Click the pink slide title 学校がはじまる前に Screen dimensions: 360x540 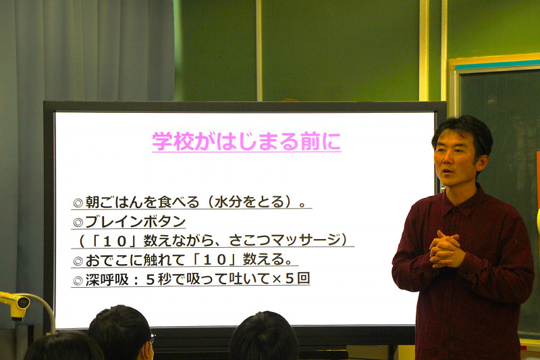[x=246, y=142]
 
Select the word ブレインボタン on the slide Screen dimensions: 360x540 [x=135, y=221]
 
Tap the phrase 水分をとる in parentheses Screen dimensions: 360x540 [x=253, y=202]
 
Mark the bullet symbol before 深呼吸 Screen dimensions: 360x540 [x=78, y=280]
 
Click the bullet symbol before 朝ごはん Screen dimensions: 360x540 [x=78, y=203]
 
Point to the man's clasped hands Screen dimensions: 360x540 [x=446, y=248]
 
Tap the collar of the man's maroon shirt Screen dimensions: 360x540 [x=466, y=201]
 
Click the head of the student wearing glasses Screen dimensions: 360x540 [x=122, y=331]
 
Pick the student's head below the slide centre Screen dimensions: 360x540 [x=264, y=338]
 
